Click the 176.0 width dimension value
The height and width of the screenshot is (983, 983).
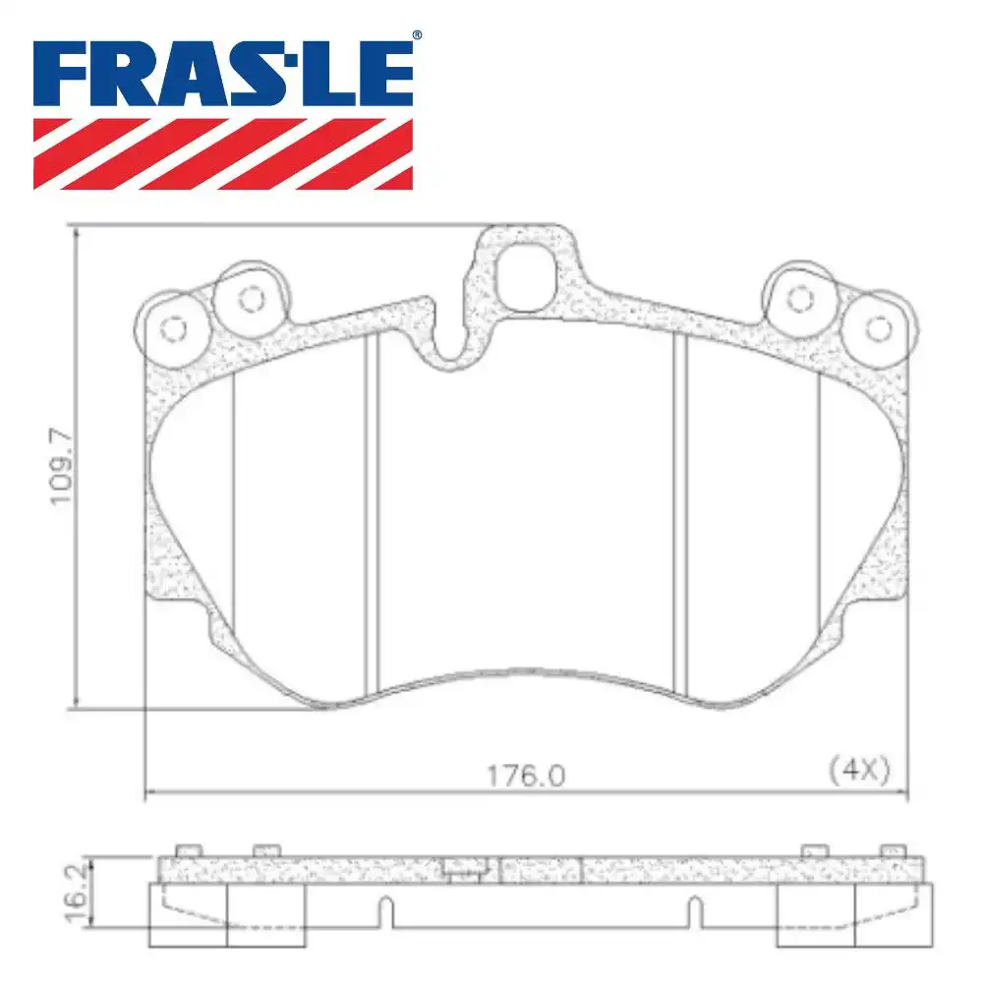point(526,777)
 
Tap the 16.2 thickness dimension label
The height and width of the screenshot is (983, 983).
point(76,894)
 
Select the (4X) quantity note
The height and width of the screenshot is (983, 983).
point(859,769)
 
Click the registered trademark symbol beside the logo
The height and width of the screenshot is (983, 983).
point(417,35)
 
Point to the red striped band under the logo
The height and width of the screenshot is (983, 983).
point(223,153)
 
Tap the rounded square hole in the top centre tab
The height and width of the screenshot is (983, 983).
point(526,276)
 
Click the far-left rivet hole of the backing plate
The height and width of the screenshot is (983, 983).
point(173,329)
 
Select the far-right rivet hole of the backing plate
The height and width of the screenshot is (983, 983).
point(878,329)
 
